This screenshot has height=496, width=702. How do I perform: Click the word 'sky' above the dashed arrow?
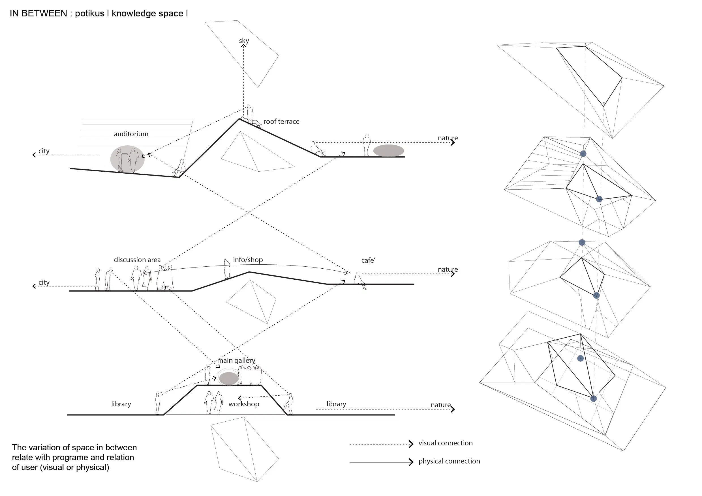tap(244, 41)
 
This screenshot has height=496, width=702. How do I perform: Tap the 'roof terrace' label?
tap(281, 122)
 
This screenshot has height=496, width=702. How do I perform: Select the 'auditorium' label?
tap(131, 134)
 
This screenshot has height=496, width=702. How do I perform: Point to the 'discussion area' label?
tap(137, 260)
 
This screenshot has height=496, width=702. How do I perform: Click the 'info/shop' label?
tap(248, 260)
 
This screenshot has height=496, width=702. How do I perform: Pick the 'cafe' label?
tap(368, 260)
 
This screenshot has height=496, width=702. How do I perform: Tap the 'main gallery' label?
tap(236, 360)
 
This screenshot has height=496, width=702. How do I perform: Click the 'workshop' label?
tap(243, 404)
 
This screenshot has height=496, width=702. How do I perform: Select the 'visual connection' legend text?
tap(445, 443)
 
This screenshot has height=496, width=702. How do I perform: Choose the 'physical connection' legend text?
tap(449, 461)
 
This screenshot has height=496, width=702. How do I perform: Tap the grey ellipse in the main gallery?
tap(229, 378)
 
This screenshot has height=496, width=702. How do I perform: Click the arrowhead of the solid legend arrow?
tap(411, 462)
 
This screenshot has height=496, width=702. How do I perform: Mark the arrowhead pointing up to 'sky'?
tap(243, 46)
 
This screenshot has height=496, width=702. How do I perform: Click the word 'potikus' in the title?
tap(89, 14)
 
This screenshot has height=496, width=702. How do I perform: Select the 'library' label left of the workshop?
tap(121, 404)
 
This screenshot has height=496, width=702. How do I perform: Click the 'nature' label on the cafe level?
tap(448, 269)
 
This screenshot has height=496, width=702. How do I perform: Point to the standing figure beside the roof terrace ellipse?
tap(366, 145)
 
